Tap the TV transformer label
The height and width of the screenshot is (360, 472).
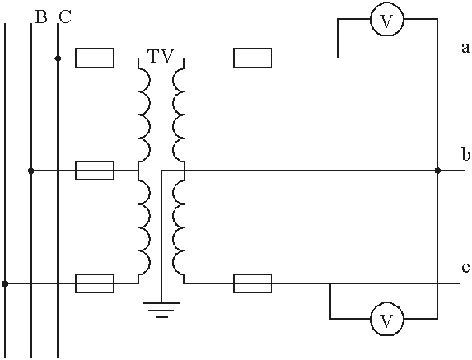click(161, 56)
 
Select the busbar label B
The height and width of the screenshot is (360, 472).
click(41, 16)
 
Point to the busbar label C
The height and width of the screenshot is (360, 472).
click(65, 16)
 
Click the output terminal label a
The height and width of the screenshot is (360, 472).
click(465, 48)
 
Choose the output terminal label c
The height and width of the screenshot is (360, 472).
click(465, 267)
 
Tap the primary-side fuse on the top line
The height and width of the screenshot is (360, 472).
click(95, 58)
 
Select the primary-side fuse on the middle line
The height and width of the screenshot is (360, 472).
click(95, 171)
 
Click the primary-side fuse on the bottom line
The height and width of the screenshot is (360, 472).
click(95, 283)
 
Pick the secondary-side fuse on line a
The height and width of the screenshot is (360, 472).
click(253, 58)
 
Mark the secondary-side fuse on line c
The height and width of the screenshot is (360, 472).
click(253, 283)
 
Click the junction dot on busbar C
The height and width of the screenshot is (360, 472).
click(58, 58)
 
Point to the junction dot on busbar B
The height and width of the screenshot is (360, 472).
click(30, 171)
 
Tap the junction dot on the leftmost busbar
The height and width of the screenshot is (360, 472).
click(5, 283)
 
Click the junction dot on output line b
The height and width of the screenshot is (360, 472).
click(437, 171)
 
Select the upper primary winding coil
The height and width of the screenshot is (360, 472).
click(144, 114)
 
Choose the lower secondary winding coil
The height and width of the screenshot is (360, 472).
click(178, 227)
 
